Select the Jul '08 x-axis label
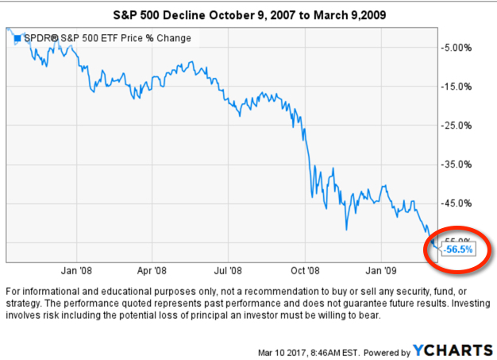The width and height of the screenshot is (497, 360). point(229,269)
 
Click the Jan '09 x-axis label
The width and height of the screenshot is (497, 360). point(383,269)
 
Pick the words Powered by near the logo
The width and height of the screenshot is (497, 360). point(386,351)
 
